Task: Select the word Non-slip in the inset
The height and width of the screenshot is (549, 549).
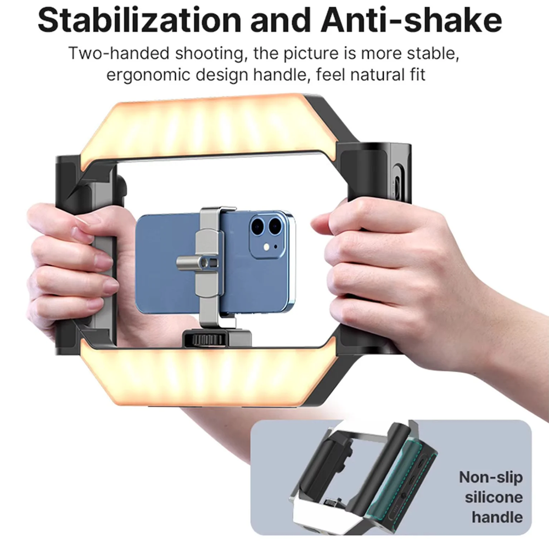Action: [490, 477]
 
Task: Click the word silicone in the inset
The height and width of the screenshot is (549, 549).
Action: [494, 497]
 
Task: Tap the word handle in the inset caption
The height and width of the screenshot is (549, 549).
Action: [497, 517]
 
